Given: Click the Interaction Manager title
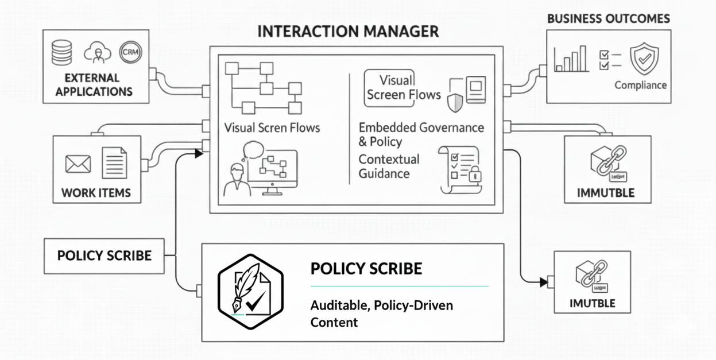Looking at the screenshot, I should (348, 31).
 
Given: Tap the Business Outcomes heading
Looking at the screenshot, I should (608, 18).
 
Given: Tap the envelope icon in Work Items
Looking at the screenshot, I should (78, 164).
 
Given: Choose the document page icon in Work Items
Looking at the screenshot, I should (114, 162).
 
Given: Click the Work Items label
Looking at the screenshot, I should (96, 193).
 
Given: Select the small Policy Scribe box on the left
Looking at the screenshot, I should (104, 256).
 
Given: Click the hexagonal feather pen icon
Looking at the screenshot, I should (251, 292).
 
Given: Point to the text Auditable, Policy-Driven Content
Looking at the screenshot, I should (381, 313).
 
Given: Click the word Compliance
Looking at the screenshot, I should (640, 85).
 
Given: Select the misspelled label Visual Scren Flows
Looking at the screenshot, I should (272, 127).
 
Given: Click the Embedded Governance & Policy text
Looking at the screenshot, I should (421, 134).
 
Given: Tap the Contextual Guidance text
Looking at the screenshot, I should (389, 167).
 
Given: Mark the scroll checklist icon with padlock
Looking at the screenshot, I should (459, 170).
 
